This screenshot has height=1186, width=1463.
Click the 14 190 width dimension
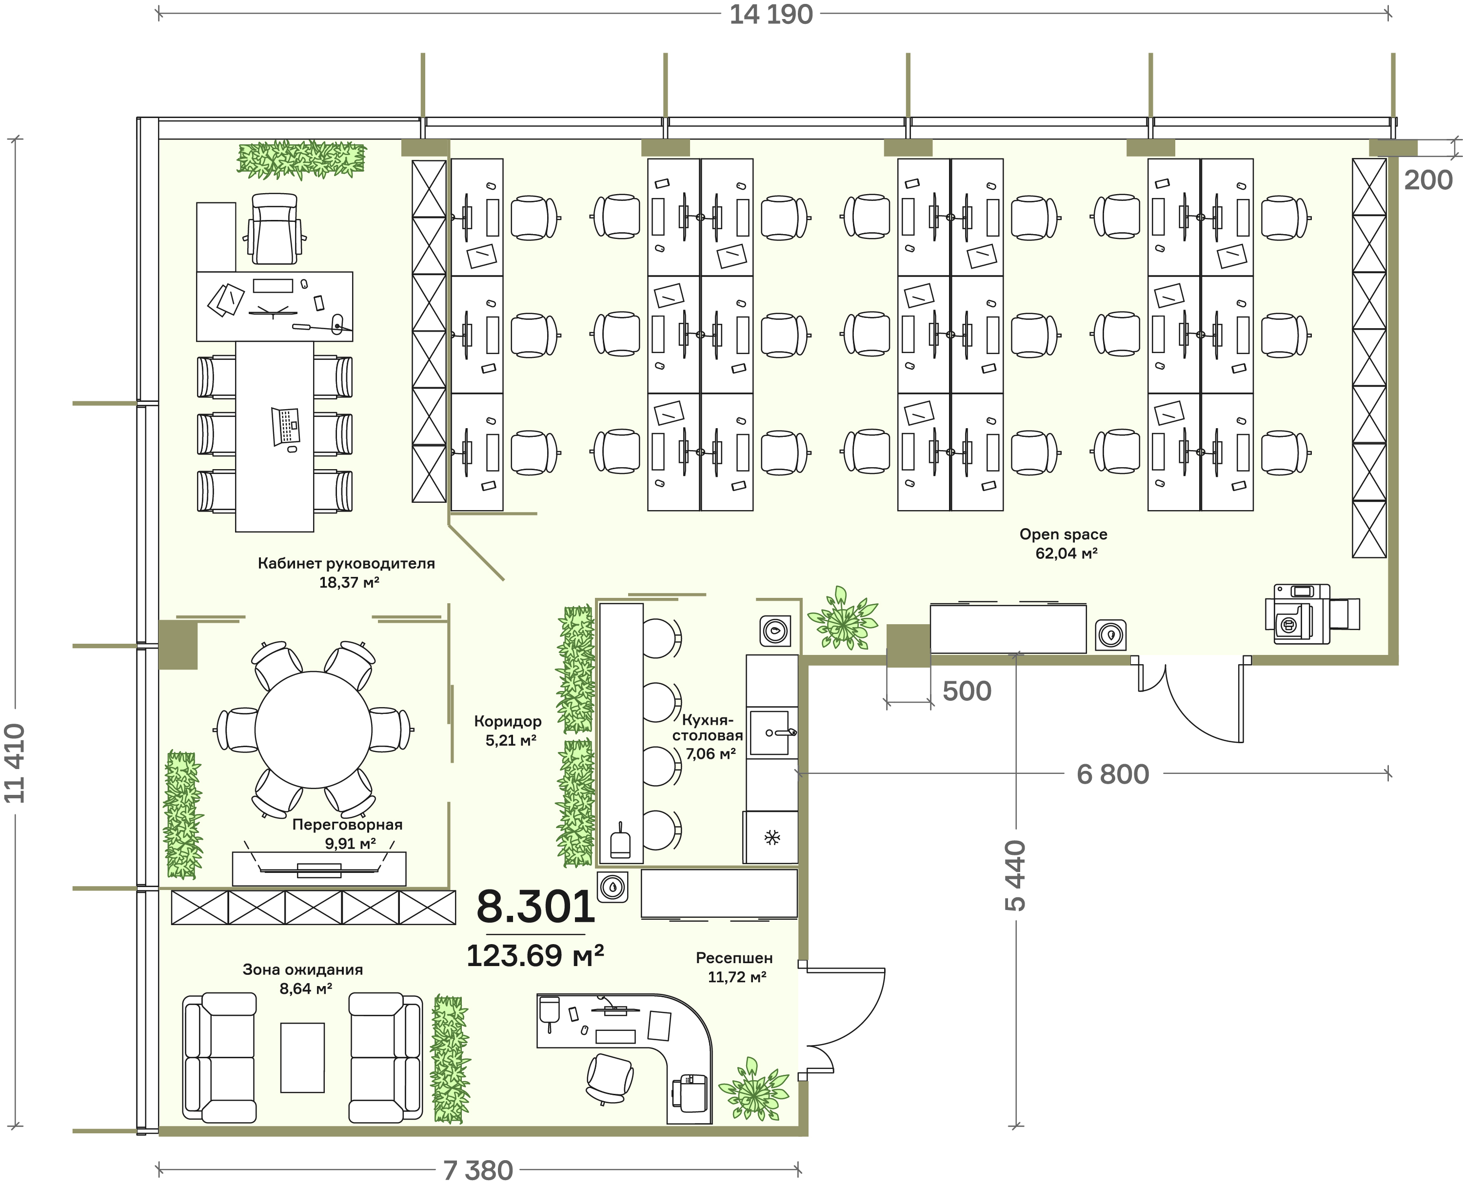pos(771,14)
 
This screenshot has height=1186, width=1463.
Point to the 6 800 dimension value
pos(1113,774)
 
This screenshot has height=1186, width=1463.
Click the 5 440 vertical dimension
pos(1016,875)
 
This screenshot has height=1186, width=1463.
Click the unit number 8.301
pos(535,907)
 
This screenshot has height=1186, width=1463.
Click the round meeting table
pos(314,730)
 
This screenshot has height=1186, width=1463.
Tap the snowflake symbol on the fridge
pos(772,838)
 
